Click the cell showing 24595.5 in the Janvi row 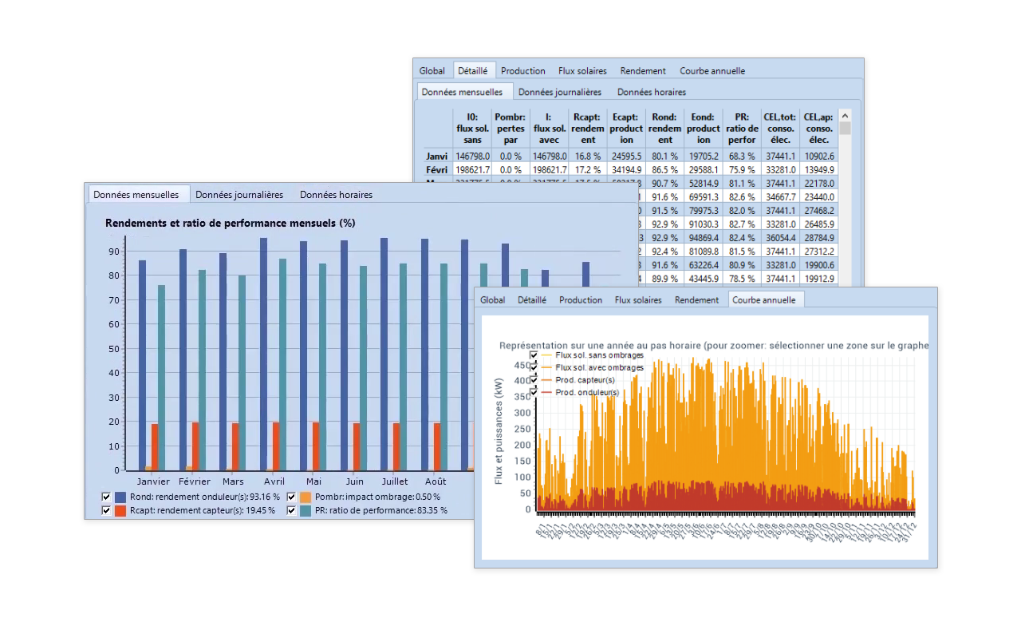pyautogui.click(x=626, y=156)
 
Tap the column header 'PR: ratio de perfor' pyautogui.click(x=742, y=129)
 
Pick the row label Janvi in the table pyautogui.click(x=437, y=156)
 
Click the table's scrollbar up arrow pyautogui.click(x=845, y=115)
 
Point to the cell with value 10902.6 pyautogui.click(x=819, y=156)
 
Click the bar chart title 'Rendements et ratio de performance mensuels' pyautogui.click(x=230, y=224)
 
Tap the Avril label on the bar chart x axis pyautogui.click(x=274, y=481)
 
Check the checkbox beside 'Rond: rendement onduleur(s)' pyautogui.click(x=106, y=497)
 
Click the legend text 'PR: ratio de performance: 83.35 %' pyautogui.click(x=380, y=510)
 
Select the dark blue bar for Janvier pyautogui.click(x=142, y=365)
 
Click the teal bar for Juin pyautogui.click(x=363, y=368)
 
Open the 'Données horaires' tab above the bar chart pyautogui.click(x=336, y=195)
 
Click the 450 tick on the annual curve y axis pyautogui.click(x=522, y=366)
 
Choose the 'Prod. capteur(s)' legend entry pyautogui.click(x=585, y=380)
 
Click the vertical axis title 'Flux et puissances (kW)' pyautogui.click(x=499, y=430)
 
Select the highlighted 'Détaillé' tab pyautogui.click(x=475, y=71)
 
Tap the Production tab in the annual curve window pyautogui.click(x=580, y=300)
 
